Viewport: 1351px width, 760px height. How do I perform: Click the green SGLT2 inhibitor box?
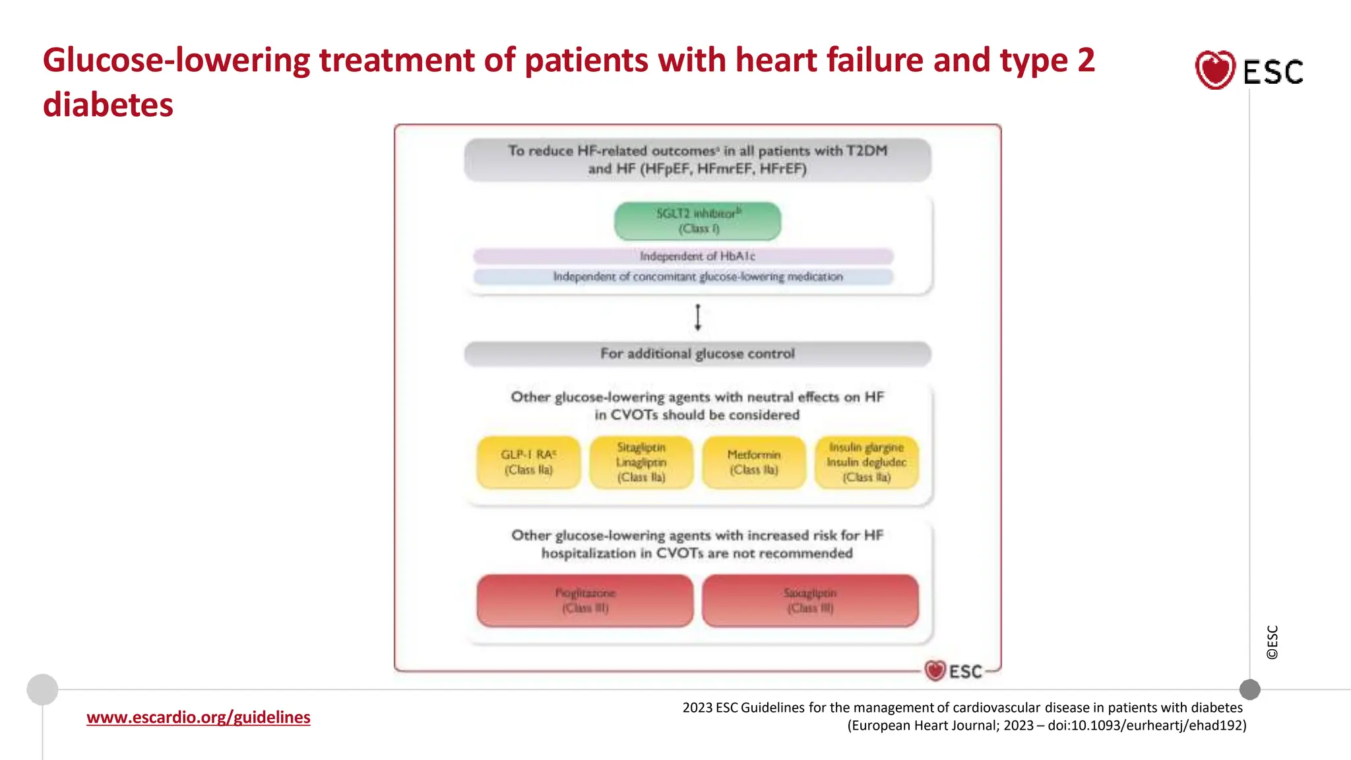pos(697,221)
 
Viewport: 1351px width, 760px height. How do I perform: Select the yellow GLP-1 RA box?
pos(528,462)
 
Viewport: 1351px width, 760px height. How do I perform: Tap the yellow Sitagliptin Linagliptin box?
pos(641,462)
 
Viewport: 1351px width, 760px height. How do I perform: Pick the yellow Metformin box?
pos(754,462)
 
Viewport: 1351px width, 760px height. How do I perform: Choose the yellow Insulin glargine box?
pos(867,462)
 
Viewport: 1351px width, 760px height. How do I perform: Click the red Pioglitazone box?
pos(585,600)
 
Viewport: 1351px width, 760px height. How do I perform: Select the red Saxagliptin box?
pos(810,600)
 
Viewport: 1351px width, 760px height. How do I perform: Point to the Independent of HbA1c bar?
pos(683,256)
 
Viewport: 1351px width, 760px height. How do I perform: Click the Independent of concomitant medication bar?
pos(683,276)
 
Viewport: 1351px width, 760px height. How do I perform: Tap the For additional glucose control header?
pos(697,354)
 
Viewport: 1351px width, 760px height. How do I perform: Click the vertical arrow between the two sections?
pos(697,317)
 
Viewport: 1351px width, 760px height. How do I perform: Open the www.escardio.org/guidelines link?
pos(198,717)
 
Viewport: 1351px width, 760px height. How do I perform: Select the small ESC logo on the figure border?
pos(954,671)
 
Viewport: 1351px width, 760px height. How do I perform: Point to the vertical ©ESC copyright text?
pos(1272,642)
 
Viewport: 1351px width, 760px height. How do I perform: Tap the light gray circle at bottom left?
pos(42,689)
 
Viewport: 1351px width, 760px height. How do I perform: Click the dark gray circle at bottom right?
pos(1249,689)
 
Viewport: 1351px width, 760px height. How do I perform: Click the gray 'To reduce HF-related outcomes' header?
pos(697,160)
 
